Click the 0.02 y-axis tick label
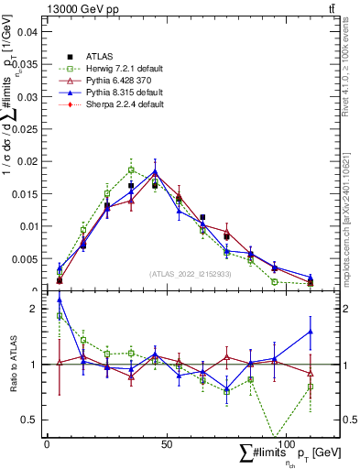(x=28, y=161)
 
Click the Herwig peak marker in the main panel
(x=131, y=169)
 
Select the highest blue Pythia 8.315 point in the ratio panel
(x=60, y=300)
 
